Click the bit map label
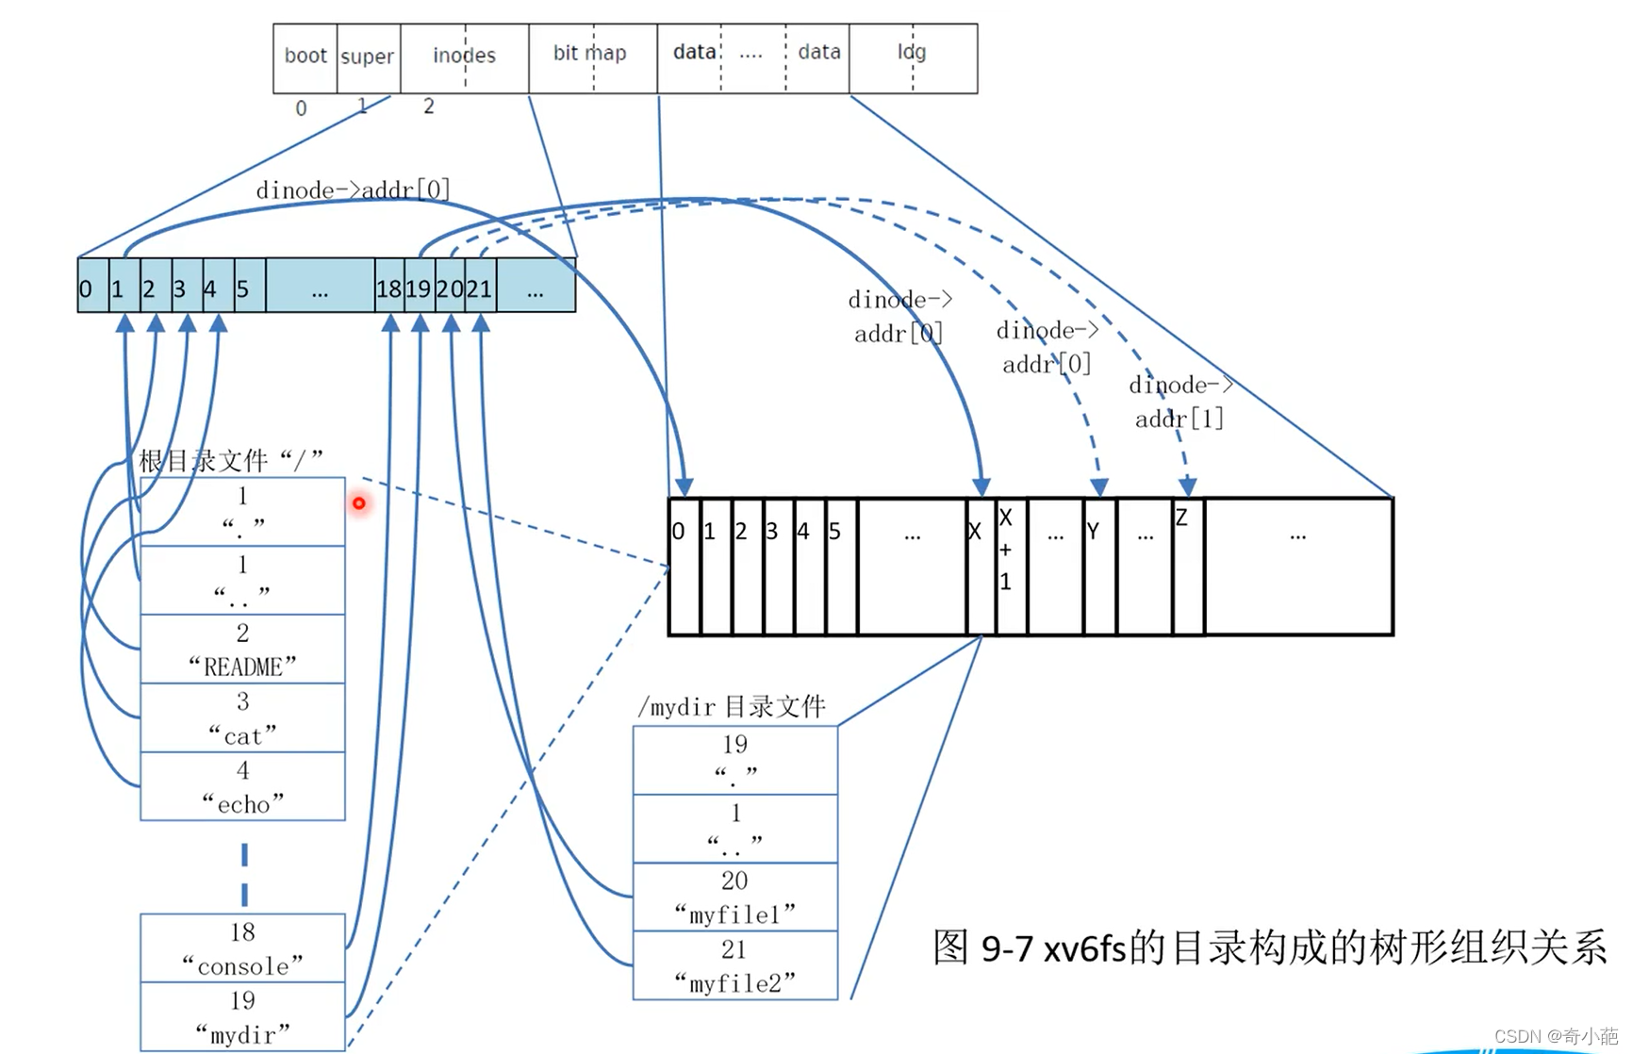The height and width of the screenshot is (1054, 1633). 590,54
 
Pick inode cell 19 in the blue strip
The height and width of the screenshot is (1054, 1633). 419,288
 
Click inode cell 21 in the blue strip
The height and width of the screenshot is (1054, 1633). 480,288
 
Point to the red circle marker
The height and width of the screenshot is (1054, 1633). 359,503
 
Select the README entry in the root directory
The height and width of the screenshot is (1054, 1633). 242,651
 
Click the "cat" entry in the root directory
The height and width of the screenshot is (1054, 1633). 242,719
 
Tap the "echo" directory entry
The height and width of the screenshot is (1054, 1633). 242,787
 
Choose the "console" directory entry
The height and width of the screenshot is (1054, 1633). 242,948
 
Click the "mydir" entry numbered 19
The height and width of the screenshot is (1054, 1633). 242,1017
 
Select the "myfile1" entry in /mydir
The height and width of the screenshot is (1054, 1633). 734,898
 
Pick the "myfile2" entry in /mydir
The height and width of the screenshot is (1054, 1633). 734,966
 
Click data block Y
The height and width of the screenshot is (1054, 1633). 1098,567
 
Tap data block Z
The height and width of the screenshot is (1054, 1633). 1188,567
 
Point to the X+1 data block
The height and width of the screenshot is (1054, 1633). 1010,567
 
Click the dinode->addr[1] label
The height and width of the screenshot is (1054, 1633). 1179,402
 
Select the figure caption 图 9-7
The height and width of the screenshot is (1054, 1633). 1269,947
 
